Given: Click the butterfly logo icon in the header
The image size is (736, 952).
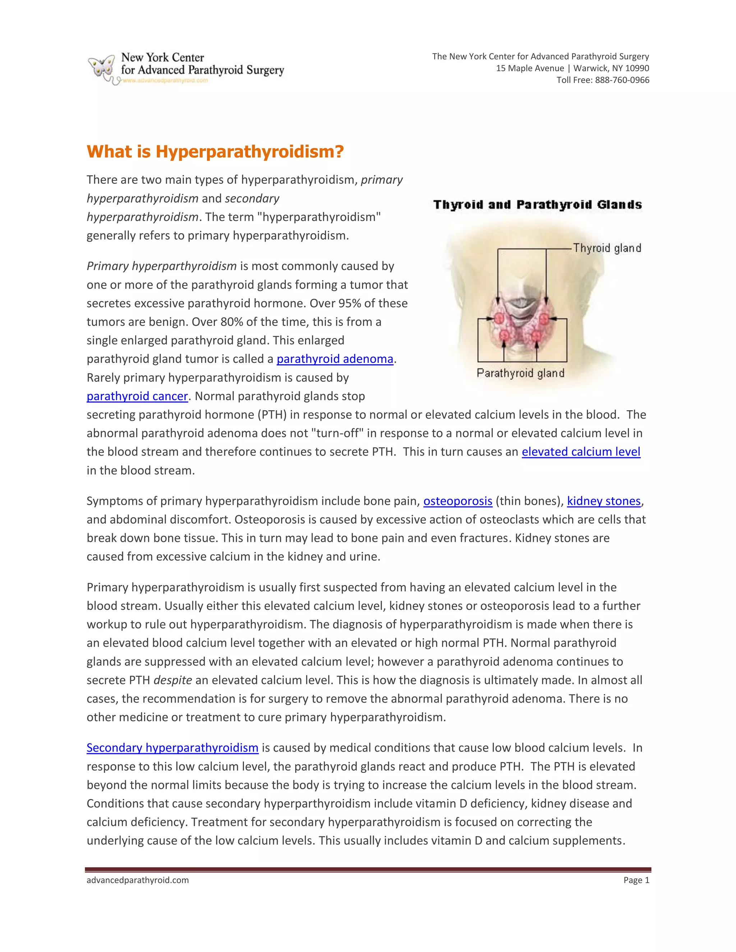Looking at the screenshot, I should (x=102, y=68).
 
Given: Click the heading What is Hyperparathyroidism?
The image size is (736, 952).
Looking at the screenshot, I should (x=215, y=152).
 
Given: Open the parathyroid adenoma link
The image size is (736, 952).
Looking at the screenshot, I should (x=335, y=359).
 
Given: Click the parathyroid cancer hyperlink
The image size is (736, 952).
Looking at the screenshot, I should (x=137, y=396).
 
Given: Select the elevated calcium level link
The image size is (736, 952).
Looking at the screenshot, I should (x=580, y=452).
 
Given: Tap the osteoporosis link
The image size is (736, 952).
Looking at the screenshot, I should (x=457, y=501).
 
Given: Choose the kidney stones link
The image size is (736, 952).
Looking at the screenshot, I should (x=603, y=501).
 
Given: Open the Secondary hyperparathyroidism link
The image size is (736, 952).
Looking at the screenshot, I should (x=172, y=748).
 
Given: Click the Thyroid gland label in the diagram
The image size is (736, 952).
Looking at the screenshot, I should (x=607, y=249).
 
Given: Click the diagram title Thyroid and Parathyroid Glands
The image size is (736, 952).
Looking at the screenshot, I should (x=537, y=205).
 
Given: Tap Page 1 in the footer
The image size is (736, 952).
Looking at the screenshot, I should (x=636, y=880).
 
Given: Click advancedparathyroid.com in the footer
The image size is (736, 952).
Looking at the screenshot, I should (x=137, y=880).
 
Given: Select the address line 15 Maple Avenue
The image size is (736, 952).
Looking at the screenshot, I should (x=530, y=68).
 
